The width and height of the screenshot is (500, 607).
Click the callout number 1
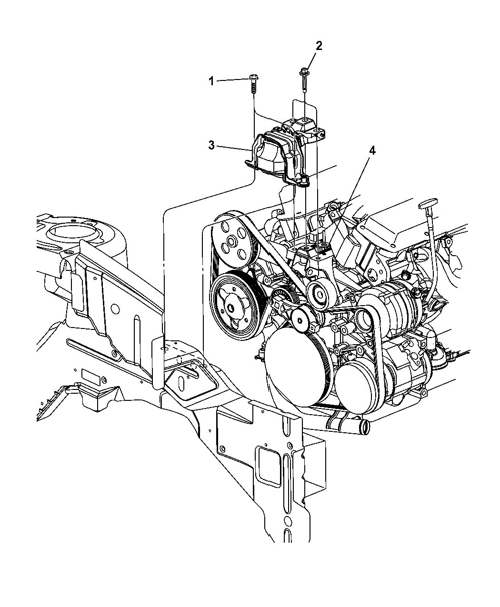click(x=211, y=81)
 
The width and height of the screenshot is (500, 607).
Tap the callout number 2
click(x=319, y=46)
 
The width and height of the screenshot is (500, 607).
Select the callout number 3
click(x=211, y=145)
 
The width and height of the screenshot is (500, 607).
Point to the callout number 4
click(x=372, y=150)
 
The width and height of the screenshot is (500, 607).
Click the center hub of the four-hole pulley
click(x=231, y=241)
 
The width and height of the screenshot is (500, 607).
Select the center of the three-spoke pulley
click(x=230, y=307)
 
